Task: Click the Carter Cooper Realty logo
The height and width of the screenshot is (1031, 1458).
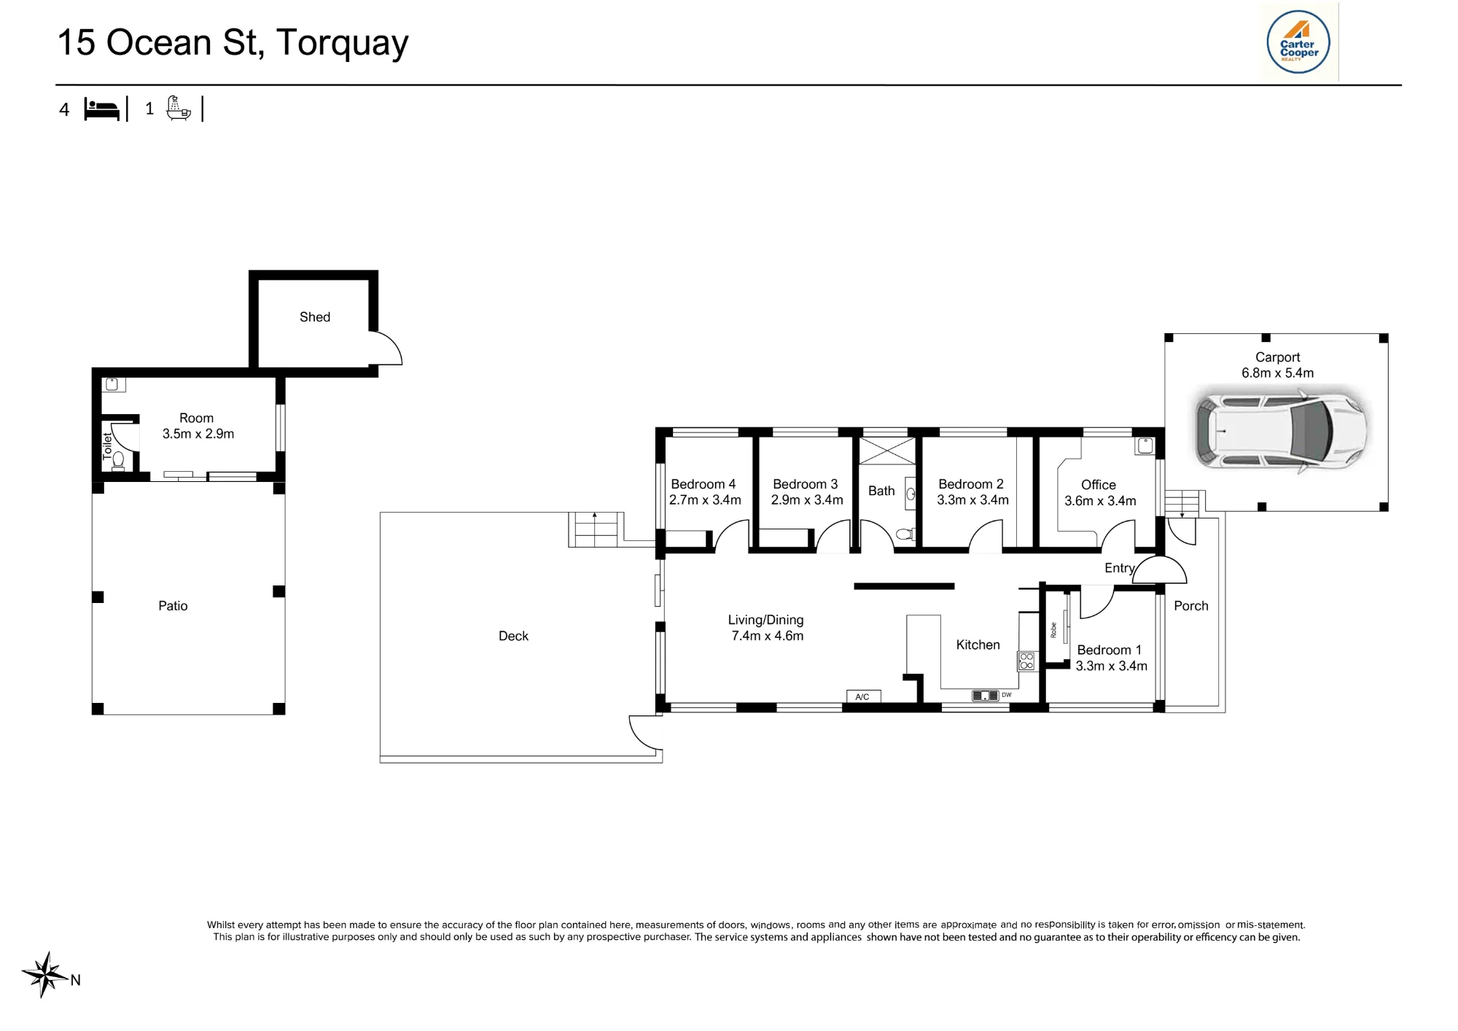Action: click(x=1298, y=42)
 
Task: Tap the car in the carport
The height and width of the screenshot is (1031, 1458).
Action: click(x=1280, y=431)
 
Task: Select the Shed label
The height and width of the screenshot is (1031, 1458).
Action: click(x=315, y=317)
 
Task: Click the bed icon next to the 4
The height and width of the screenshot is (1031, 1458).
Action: click(x=101, y=109)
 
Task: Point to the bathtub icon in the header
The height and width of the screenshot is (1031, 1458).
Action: click(x=178, y=108)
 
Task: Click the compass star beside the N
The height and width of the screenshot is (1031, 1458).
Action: click(x=45, y=974)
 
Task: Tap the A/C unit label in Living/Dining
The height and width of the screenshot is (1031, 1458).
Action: click(x=862, y=697)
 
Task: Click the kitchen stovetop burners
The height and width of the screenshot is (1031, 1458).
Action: click(x=1026, y=661)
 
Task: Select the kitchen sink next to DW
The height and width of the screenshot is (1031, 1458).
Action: click(x=985, y=696)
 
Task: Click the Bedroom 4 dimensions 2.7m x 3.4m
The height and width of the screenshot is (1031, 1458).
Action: click(x=705, y=500)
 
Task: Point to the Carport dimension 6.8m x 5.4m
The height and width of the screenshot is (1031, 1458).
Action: click(x=1278, y=373)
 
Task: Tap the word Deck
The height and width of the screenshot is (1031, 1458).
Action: click(x=513, y=637)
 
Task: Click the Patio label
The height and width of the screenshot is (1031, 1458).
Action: click(x=173, y=606)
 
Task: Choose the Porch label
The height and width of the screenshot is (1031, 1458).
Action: click(x=1191, y=606)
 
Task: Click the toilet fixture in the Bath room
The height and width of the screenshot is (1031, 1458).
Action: click(x=904, y=534)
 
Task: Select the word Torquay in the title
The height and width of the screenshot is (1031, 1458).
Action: click(x=343, y=44)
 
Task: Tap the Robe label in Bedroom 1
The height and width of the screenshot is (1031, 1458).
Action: click(x=1053, y=630)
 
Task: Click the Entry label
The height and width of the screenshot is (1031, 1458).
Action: click(x=1120, y=569)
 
